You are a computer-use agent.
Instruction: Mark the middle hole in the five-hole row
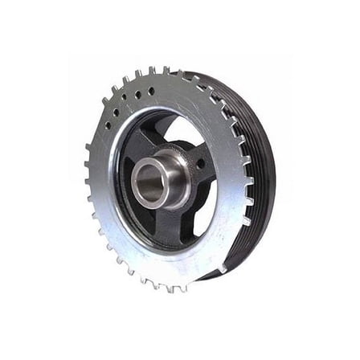pyautogui.click(x=126, y=104)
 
